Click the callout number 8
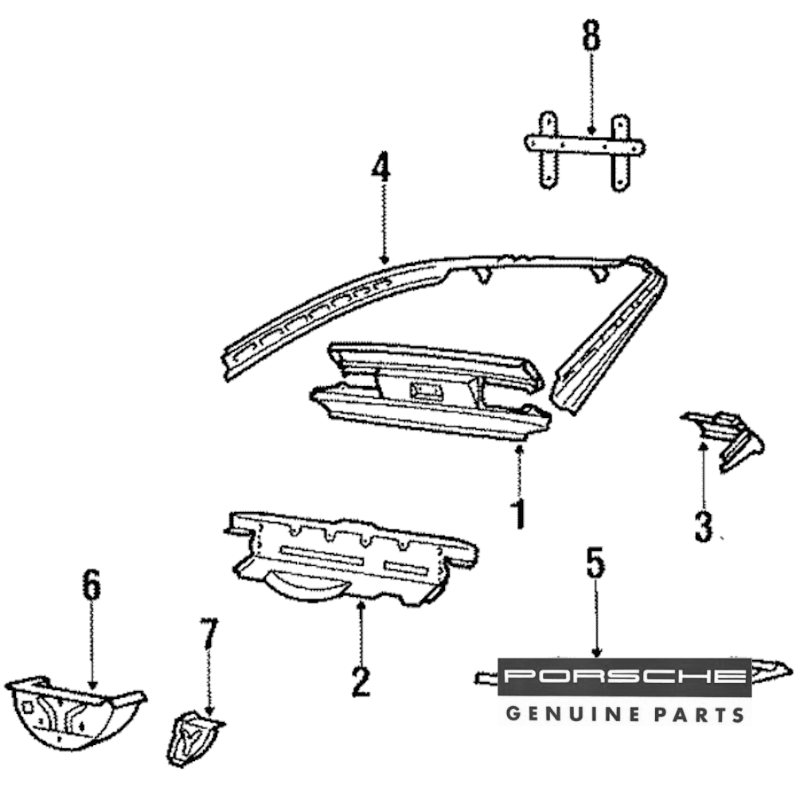(x=591, y=37)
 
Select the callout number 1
(x=519, y=514)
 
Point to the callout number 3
(x=703, y=526)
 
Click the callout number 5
(x=595, y=564)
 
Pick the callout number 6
(x=92, y=585)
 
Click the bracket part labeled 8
(x=585, y=147)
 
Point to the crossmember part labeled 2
(x=350, y=553)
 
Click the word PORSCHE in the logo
(x=624, y=677)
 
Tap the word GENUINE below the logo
(x=572, y=713)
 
